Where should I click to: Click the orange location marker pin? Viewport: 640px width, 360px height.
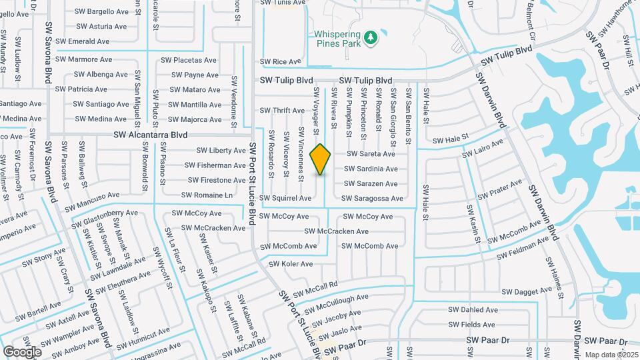point(321,159)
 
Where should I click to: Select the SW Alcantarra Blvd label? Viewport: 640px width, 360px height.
point(150,135)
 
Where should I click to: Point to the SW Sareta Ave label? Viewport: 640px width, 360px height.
point(370,154)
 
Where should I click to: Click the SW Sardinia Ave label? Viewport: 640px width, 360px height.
point(371,169)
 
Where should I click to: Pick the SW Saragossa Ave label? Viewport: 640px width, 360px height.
point(373,199)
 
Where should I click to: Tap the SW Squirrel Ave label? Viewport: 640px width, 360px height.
point(285,198)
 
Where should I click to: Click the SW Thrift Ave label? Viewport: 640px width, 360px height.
point(282,111)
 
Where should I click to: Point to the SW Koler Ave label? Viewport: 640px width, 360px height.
point(291,264)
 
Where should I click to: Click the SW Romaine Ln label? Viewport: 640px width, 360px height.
point(209,195)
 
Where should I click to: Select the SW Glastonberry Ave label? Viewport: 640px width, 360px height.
point(105,217)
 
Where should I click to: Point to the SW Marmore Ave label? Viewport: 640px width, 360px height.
point(84,59)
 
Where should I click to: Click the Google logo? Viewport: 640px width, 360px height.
point(22,351)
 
